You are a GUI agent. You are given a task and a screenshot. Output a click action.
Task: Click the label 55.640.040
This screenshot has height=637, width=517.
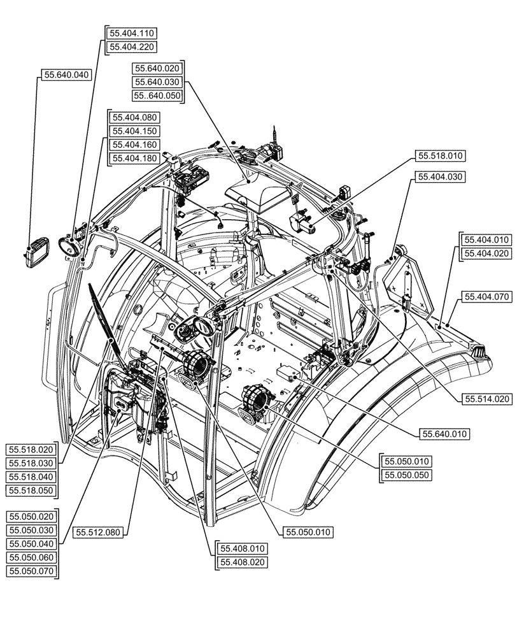point(67,75)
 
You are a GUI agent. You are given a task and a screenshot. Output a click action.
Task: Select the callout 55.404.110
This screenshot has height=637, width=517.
point(131,33)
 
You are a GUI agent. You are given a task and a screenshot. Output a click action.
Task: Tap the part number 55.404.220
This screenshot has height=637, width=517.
point(131,47)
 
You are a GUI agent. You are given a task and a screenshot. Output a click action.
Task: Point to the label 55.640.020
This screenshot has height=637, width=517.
point(158,69)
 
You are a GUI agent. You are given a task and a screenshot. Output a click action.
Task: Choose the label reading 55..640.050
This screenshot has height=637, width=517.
point(158,96)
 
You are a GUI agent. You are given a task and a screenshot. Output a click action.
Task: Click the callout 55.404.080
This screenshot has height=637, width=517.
point(135,117)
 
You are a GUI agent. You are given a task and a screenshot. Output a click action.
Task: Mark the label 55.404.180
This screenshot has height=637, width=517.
point(135,158)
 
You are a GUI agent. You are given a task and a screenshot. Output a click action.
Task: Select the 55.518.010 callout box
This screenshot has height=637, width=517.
point(441,155)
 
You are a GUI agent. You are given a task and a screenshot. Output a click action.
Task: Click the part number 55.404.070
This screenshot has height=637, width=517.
point(487,296)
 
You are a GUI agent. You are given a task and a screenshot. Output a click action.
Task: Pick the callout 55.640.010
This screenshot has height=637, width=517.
point(444,434)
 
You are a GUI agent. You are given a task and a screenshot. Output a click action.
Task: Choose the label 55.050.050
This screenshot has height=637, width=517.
point(406,475)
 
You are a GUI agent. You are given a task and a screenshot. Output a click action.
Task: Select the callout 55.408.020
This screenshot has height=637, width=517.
point(242,562)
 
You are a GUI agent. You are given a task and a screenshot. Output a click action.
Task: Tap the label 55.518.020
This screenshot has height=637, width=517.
point(32,450)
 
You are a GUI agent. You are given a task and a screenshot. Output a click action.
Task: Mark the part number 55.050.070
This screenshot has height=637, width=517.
point(32,571)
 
